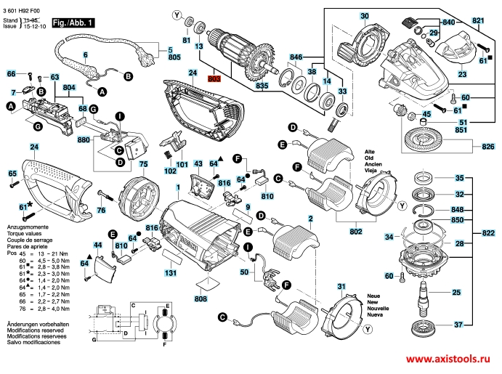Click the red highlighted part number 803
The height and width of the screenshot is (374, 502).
(x=214, y=78)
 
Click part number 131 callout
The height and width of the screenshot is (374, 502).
(x=169, y=273)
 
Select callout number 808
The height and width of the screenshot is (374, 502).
(x=201, y=297)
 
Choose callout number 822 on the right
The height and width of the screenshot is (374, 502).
(x=489, y=233)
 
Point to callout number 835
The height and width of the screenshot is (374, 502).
(x=260, y=86)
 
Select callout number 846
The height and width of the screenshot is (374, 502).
(x=296, y=56)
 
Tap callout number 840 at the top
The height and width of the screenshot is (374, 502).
(x=448, y=23)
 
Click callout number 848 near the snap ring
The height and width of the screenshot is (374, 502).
(x=458, y=209)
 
